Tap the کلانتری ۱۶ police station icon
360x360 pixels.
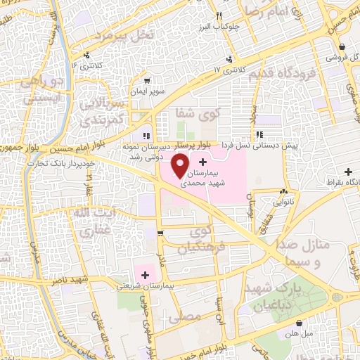(x=86, y=56)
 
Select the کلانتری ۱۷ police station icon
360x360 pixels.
(x=227, y=60)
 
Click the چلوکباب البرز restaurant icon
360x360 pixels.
(x=219, y=16)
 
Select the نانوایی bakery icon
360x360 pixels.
(x=283, y=191)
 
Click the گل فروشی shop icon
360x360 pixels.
(x=329, y=56)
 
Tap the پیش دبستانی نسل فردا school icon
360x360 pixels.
(x=259, y=134)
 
